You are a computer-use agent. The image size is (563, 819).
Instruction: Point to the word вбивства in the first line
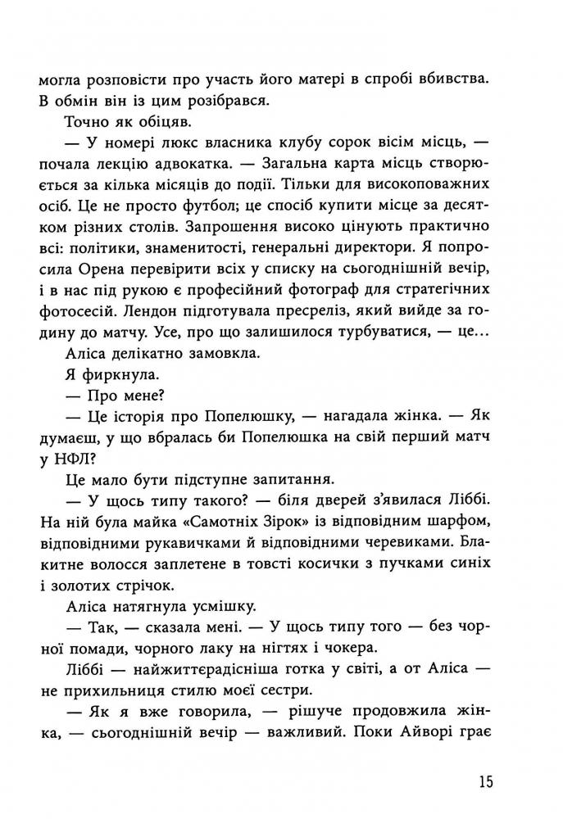pos(453,82)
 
